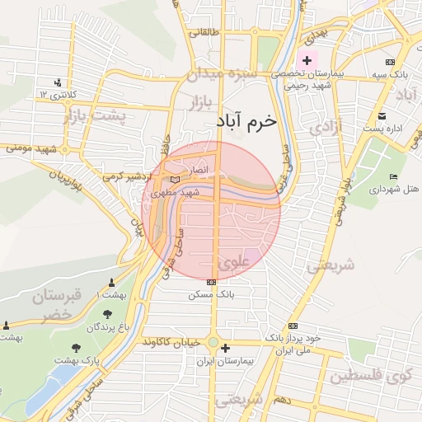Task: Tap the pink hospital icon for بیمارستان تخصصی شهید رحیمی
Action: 307,60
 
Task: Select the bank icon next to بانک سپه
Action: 390,62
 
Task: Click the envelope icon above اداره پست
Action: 381,115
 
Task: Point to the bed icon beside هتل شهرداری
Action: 394,177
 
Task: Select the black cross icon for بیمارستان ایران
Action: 225,349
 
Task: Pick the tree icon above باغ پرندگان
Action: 107,313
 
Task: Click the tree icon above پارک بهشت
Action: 77,348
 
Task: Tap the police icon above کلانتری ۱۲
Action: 57,82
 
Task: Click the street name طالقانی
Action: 205,34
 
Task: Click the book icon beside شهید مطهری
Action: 174,179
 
